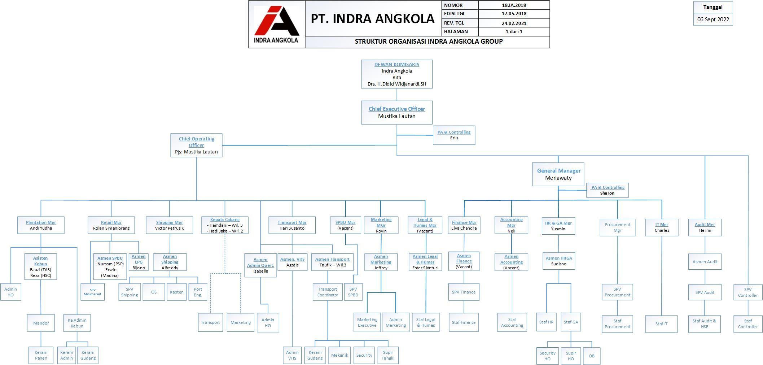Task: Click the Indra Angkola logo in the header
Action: [276, 24]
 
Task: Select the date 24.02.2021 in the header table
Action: [514, 23]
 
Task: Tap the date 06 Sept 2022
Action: [713, 19]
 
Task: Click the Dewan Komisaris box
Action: [396, 74]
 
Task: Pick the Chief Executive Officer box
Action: [396, 113]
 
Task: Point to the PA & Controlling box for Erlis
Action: [454, 135]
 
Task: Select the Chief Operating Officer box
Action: [196, 145]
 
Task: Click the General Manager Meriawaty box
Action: [558, 174]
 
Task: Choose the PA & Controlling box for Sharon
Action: [607, 190]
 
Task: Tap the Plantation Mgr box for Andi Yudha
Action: [41, 225]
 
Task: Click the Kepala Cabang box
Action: [225, 225]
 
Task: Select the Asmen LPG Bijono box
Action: [139, 262]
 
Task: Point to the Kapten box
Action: [177, 292]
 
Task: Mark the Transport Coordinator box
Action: [328, 292]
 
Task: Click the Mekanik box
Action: [339, 355]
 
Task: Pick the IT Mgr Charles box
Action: [662, 227]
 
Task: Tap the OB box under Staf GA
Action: [592, 356]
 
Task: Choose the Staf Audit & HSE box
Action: [704, 324]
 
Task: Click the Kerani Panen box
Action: [41, 355]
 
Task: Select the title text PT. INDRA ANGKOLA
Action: [373, 19]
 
